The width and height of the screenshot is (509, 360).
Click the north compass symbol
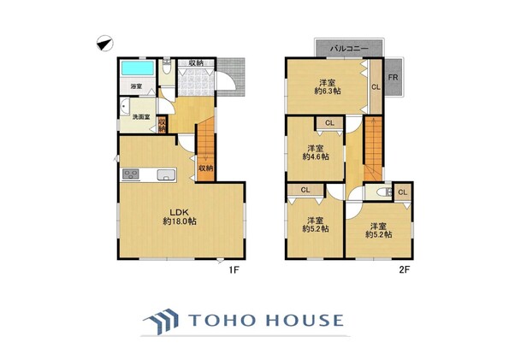(105, 44)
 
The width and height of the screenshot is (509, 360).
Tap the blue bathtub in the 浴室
(138, 68)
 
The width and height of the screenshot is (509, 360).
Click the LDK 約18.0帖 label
(180, 217)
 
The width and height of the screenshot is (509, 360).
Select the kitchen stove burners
(131, 175)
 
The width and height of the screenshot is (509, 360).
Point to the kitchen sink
(167, 175)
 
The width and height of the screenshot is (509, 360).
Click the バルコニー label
(349, 49)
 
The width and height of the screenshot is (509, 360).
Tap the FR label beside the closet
(394, 78)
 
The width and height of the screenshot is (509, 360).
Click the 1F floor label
(234, 269)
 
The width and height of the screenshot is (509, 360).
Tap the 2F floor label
(404, 269)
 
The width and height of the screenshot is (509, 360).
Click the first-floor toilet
(167, 68)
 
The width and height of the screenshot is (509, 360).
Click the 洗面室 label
(141, 117)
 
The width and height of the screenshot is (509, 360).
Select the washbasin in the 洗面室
(125, 108)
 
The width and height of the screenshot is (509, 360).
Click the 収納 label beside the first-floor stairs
(205, 168)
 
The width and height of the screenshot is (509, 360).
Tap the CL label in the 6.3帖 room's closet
(376, 87)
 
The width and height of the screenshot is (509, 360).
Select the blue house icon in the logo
(162, 322)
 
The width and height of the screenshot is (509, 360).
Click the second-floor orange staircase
(373, 149)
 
